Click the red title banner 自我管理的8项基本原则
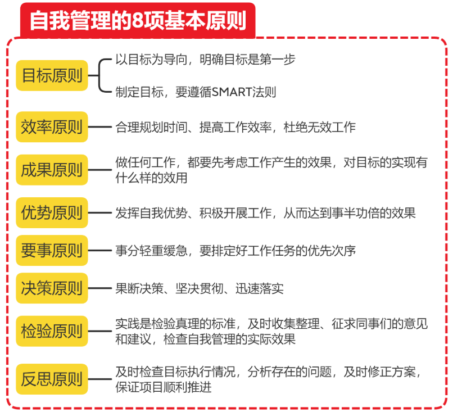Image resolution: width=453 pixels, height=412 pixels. (137, 21)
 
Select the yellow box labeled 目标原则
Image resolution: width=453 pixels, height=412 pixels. (52, 75)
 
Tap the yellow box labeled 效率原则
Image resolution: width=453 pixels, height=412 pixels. (52, 127)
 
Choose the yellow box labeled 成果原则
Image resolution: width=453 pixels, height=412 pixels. (52, 170)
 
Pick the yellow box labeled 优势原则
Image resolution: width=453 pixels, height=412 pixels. (52, 213)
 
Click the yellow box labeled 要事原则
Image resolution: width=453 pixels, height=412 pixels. (52, 250)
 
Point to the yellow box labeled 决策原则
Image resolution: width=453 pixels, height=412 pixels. (52, 288)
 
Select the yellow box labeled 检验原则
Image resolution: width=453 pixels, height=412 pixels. (52, 330)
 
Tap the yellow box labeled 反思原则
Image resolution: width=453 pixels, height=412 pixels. (52, 379)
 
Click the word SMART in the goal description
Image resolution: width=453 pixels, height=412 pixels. (230, 92)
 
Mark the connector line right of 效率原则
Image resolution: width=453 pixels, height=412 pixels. (101, 127)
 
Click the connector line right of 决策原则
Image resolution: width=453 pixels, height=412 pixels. (101, 288)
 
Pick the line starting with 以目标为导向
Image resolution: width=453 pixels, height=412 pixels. (205, 58)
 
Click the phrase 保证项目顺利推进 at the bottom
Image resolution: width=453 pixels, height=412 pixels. (164, 387)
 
